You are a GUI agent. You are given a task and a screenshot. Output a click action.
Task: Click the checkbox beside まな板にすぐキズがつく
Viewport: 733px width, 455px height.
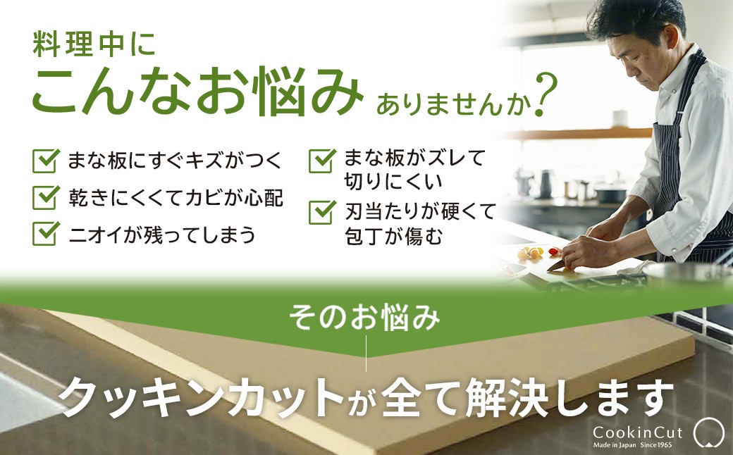[x=46, y=161]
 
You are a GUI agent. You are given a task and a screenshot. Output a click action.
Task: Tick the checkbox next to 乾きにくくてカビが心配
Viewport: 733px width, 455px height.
[x=46, y=197]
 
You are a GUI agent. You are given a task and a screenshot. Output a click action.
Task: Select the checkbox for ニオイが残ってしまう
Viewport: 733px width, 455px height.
[x=46, y=234]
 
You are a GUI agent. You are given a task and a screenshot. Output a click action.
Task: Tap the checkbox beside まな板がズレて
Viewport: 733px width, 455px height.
[x=322, y=161]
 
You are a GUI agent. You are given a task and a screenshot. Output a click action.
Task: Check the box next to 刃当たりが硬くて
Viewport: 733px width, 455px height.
[x=322, y=212]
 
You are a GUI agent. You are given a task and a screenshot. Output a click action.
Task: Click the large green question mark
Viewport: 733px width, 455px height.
[x=546, y=95]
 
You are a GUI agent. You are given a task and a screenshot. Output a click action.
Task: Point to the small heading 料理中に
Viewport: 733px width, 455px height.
[x=94, y=45]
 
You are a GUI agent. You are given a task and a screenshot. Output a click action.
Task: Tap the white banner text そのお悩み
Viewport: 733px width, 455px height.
[x=364, y=317]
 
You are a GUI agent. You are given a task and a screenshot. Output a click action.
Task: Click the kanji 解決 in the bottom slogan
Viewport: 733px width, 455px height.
[x=507, y=397]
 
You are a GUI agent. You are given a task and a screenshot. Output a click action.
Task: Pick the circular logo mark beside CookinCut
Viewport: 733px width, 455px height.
[x=709, y=432]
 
